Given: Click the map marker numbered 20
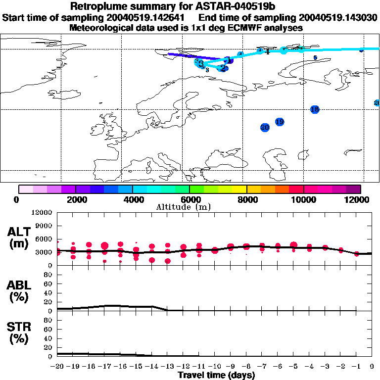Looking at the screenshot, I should pyautogui.click(x=265, y=128).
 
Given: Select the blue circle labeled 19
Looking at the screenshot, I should pyautogui.click(x=280, y=122).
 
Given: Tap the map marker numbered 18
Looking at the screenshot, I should pyautogui.click(x=315, y=109).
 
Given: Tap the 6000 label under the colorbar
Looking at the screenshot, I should pyautogui.click(x=190, y=199).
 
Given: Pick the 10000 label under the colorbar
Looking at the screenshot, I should pyautogui.click(x=303, y=199).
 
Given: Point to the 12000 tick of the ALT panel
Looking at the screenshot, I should pyautogui.click(x=43, y=213).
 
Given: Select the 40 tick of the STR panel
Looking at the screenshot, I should pyautogui.click(x=49, y=338).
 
